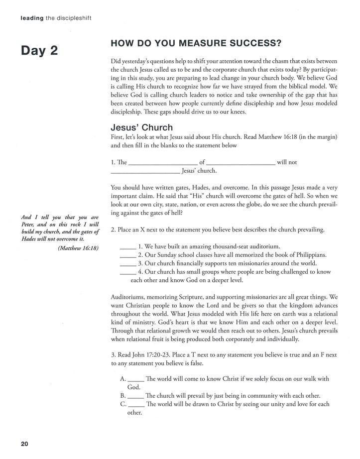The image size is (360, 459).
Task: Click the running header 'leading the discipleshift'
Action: (56, 18)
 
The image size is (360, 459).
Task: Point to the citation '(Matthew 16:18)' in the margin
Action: (78, 248)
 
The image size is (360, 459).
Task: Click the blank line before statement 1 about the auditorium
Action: (128, 246)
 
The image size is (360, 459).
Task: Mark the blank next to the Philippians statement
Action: (128, 255)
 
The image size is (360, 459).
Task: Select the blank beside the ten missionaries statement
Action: (128, 263)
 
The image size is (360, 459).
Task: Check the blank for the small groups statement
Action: (128, 272)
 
